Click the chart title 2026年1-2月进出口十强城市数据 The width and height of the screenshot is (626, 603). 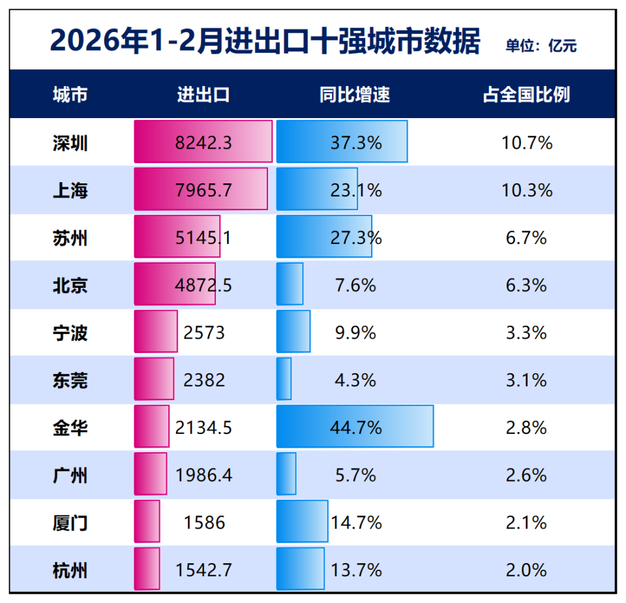coord(265,42)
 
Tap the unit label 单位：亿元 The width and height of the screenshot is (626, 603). coord(541,46)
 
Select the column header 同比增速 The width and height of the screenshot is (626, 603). coord(355,95)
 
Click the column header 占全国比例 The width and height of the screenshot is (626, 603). coord(526,95)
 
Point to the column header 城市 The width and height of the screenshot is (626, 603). coord(70,95)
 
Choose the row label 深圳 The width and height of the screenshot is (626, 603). coord(70,143)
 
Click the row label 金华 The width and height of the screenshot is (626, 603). coord(70,428)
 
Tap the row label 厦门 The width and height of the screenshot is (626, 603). coord(70,523)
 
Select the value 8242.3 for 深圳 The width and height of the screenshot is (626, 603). coord(203,143)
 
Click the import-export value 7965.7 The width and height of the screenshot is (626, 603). coord(203,191)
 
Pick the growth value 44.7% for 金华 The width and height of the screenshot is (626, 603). coord(355,428)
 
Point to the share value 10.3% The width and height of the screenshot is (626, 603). coord(527,191)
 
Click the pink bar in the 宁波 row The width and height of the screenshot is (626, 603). coord(155,332)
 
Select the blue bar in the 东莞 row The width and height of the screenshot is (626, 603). coord(284,379)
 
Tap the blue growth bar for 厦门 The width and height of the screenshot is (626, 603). coord(302,521)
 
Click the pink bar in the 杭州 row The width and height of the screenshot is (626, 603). coord(147,569)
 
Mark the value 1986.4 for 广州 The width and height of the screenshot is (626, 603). coord(203,475)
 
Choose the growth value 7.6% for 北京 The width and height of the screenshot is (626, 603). coord(355,285)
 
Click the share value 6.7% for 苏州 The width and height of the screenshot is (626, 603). coord(526,238)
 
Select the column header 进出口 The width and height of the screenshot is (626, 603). coord(203,95)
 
